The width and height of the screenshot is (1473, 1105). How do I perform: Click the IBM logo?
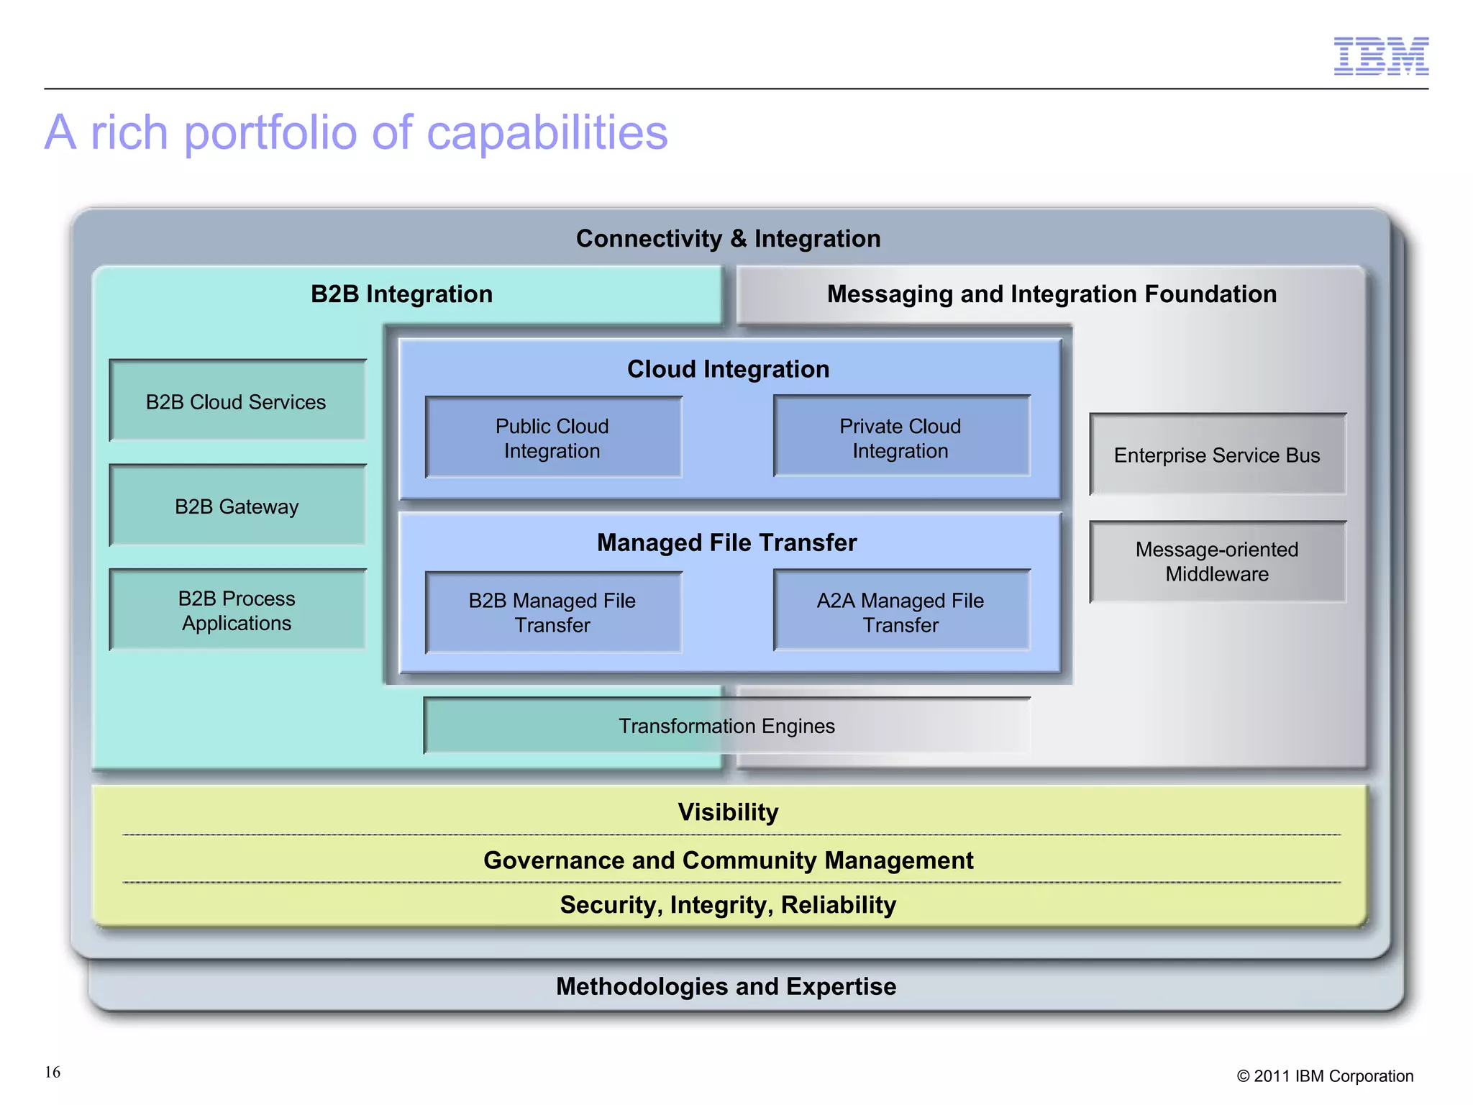coord(1380,56)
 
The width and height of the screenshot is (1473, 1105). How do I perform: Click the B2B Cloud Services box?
coord(237,401)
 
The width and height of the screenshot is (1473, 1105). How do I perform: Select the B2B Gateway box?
coord(237,506)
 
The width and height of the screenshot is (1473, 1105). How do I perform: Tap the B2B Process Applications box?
coord(237,611)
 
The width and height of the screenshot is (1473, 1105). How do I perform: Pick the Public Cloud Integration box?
coord(552,438)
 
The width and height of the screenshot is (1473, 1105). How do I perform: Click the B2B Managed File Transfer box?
coord(552,612)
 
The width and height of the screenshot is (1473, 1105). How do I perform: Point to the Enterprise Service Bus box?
coord(1217,455)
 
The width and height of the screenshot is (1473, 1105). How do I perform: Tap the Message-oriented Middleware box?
coord(1217,562)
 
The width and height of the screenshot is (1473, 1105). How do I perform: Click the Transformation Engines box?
coord(726,726)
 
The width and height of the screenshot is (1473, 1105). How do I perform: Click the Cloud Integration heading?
coord(728,369)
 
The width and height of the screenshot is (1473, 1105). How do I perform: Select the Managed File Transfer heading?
coord(726,542)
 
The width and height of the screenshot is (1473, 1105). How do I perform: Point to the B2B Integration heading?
coord(401,294)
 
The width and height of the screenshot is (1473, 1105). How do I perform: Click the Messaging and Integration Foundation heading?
coord(1052,294)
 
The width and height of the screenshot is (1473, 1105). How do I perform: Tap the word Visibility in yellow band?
coord(728,812)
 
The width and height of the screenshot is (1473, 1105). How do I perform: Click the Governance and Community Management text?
coord(728,860)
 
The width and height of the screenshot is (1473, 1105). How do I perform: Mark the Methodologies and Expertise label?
coord(726,986)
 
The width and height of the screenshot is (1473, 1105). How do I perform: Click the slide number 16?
coord(53,1072)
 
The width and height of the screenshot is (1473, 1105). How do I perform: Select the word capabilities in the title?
coord(547,134)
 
